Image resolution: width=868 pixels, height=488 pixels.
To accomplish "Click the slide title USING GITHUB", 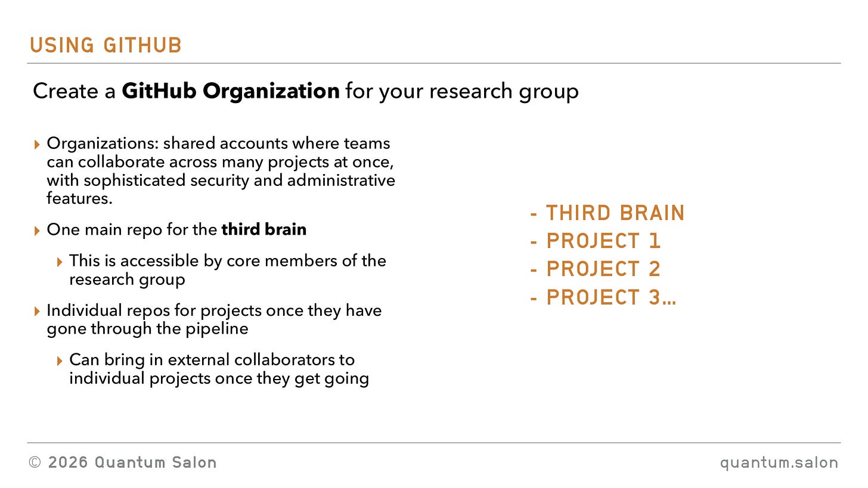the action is click(x=106, y=45).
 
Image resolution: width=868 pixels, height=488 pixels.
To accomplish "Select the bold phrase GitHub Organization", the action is click(x=231, y=91).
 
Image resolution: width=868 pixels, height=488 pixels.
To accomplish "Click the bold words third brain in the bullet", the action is click(x=264, y=229).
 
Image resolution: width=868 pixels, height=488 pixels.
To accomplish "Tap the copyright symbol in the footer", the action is click(x=35, y=462).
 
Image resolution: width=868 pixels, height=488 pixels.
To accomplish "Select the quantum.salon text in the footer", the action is click(x=779, y=463).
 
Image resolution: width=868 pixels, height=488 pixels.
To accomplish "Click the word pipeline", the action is click(x=216, y=329).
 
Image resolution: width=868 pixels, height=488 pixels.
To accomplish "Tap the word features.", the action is click(x=79, y=198).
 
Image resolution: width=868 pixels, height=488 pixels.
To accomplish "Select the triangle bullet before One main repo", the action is click(x=37, y=231).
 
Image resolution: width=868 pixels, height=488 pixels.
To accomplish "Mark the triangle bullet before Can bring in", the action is click(x=59, y=361).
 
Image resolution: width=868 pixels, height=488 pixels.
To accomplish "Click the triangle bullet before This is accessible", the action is click(x=59, y=262).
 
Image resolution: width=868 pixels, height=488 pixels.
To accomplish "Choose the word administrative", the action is click(x=341, y=181).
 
